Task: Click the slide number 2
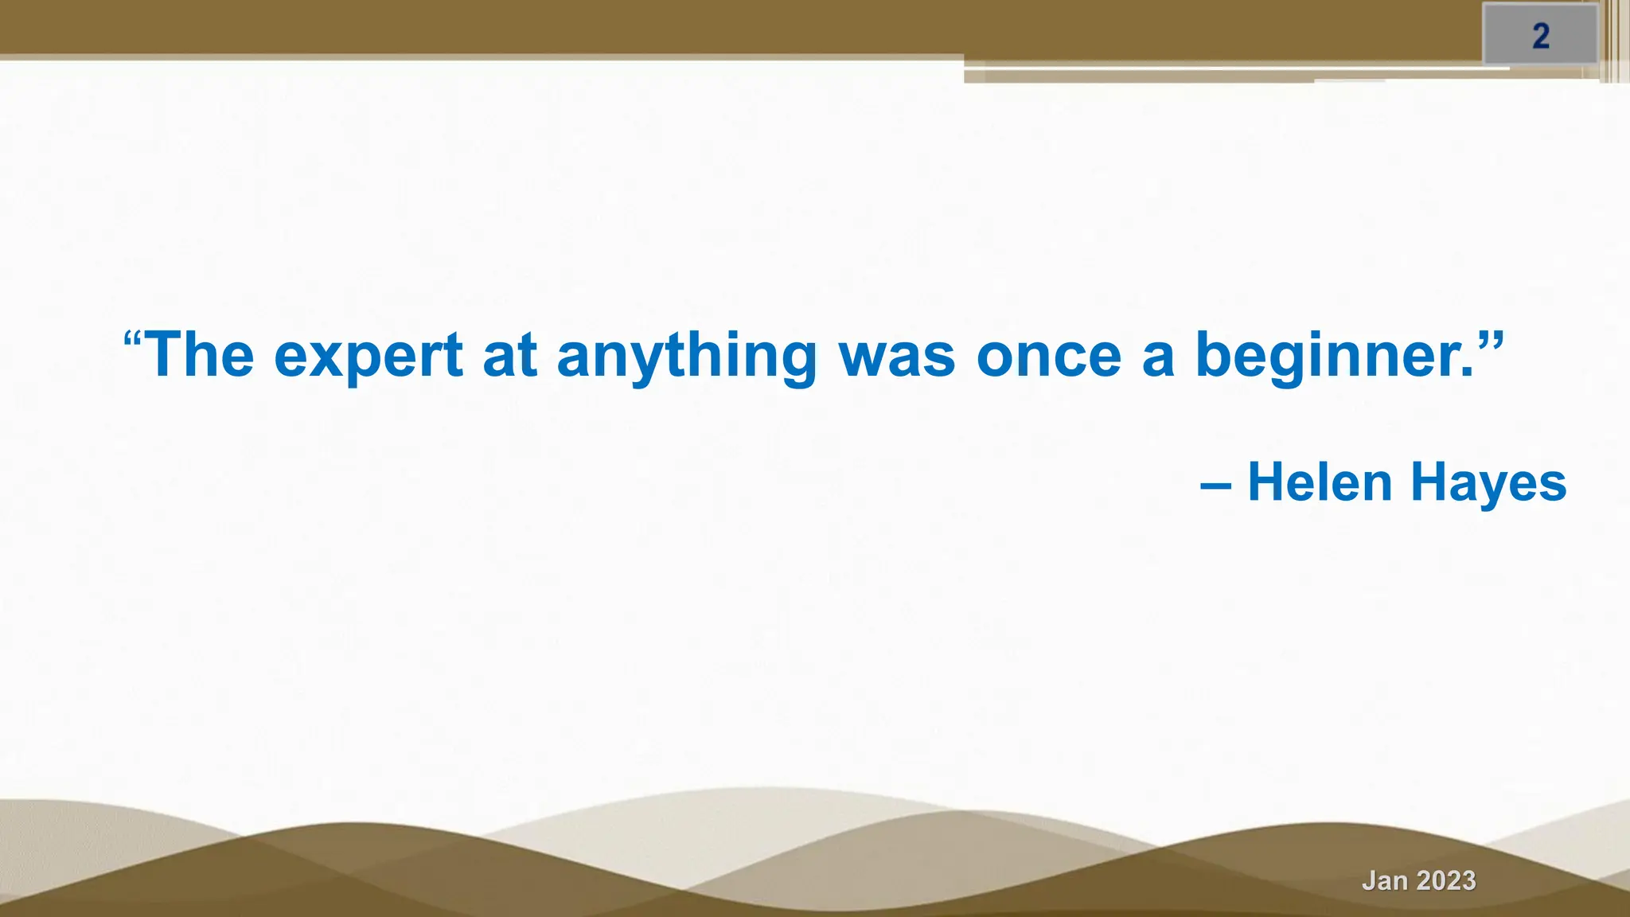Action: coord(1541,37)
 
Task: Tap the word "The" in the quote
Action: coord(201,355)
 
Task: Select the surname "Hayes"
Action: coord(1488,484)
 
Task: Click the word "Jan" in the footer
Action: coord(1385,880)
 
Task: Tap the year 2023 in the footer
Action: coord(1446,880)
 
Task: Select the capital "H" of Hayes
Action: coord(1429,482)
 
